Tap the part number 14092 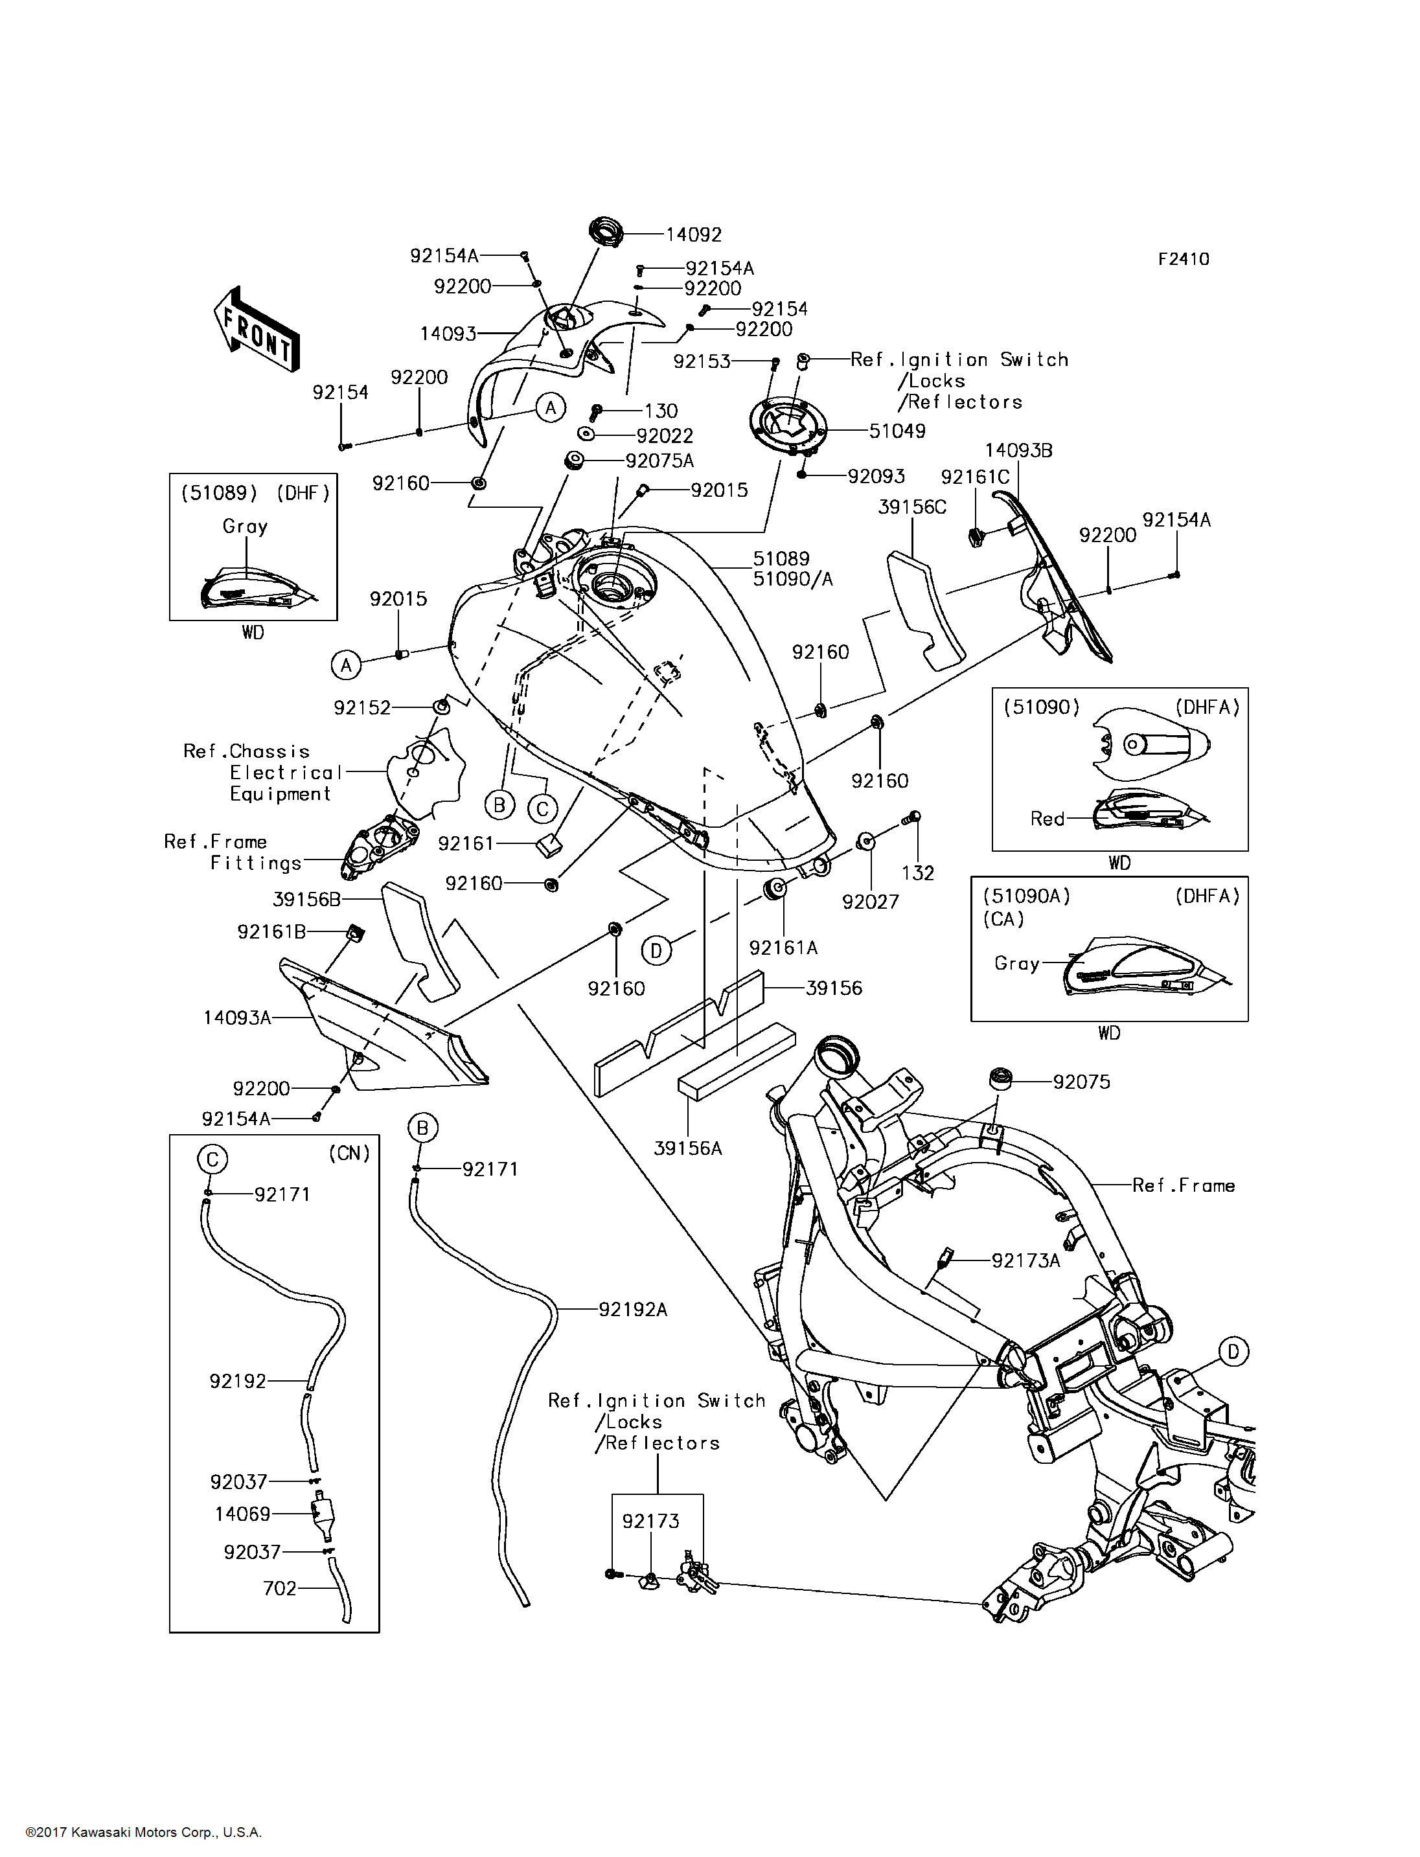pyautogui.click(x=693, y=235)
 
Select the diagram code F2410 pyautogui.click(x=1184, y=260)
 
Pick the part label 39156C pyautogui.click(x=912, y=507)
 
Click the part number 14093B pyautogui.click(x=1018, y=451)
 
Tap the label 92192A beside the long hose pyautogui.click(x=632, y=1309)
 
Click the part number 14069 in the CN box pyautogui.click(x=242, y=1514)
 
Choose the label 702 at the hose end pyautogui.click(x=280, y=1588)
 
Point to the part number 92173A pyautogui.click(x=1025, y=1260)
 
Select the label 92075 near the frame pyautogui.click(x=1081, y=1082)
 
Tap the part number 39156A pyautogui.click(x=687, y=1148)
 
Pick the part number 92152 pyautogui.click(x=361, y=707)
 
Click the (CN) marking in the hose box pyautogui.click(x=349, y=1154)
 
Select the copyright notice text pyautogui.click(x=144, y=1832)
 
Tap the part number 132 pyautogui.click(x=917, y=873)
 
